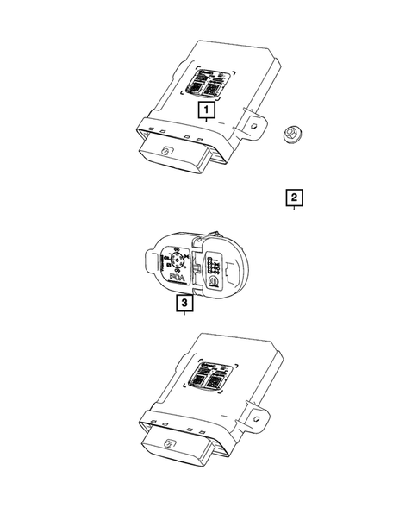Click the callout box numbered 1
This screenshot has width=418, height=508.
click(205, 110)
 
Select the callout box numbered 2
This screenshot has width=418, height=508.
click(295, 198)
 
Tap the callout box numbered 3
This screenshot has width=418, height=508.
click(184, 304)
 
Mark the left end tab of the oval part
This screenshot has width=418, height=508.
click(147, 255)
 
